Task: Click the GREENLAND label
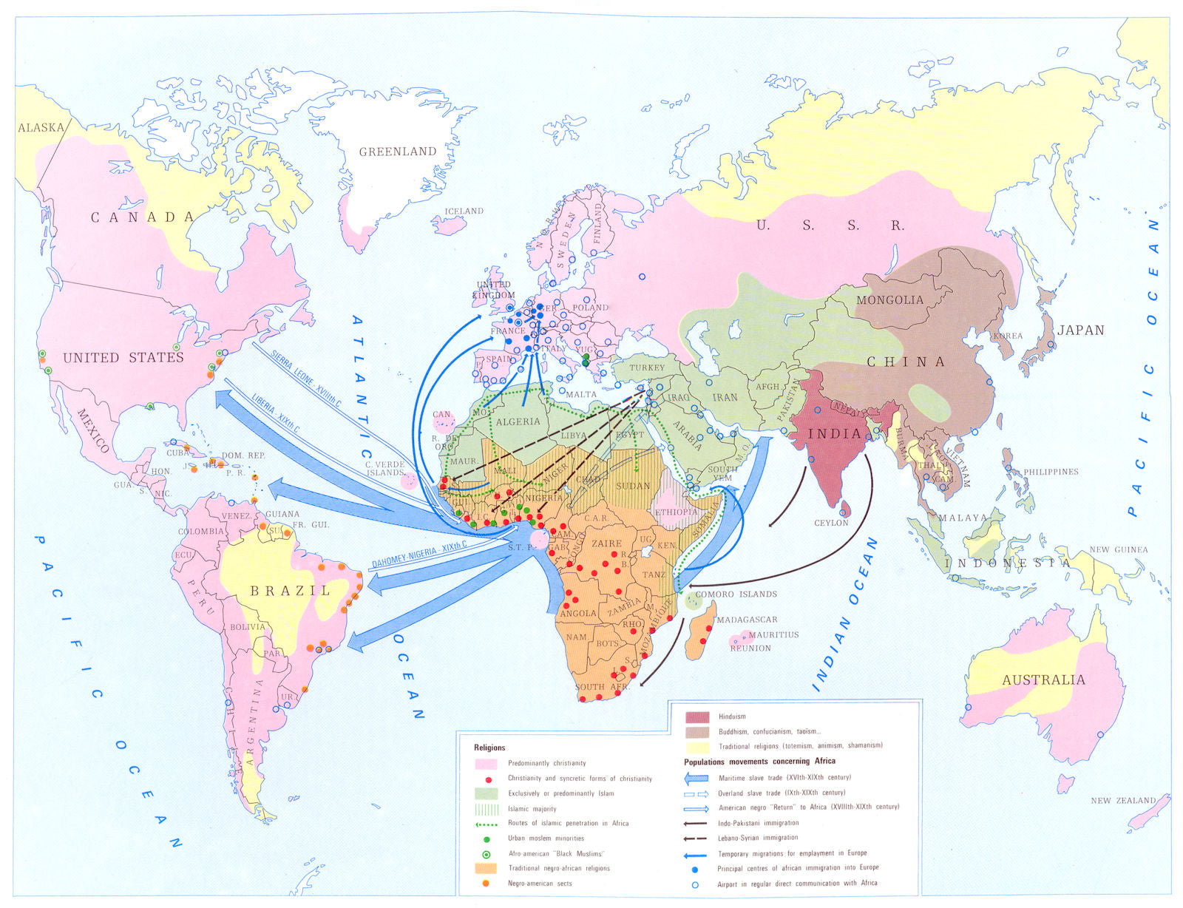pyautogui.click(x=398, y=152)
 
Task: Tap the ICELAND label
pyautogui.click(x=464, y=211)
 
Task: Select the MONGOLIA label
pyautogui.click(x=889, y=300)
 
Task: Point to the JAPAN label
pyautogui.click(x=1080, y=331)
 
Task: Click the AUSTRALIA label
pyautogui.click(x=1043, y=680)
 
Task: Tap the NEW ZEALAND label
pyautogui.click(x=1122, y=801)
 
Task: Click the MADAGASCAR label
pyautogui.click(x=747, y=620)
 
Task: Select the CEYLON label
pyautogui.click(x=831, y=523)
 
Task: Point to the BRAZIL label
pyautogui.click(x=291, y=591)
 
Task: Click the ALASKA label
pyautogui.click(x=41, y=127)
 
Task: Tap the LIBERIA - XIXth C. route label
pyautogui.click(x=275, y=415)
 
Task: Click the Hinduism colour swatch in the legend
pyautogui.click(x=697, y=716)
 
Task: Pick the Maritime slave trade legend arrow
pyautogui.click(x=696, y=778)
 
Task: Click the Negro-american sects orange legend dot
pyautogui.click(x=486, y=884)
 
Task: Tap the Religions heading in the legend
pyautogui.click(x=489, y=748)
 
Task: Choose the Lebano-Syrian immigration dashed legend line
pyautogui.click(x=696, y=838)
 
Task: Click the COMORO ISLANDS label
pyautogui.click(x=736, y=594)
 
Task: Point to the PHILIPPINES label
pyautogui.click(x=1051, y=472)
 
